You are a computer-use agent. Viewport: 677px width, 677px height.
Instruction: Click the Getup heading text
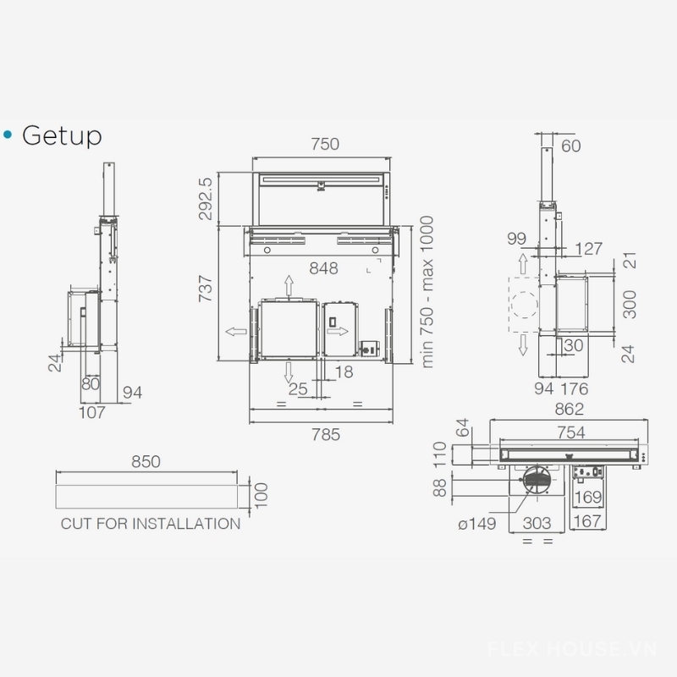click(x=62, y=136)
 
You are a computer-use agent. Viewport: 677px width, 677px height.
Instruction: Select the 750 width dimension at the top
click(x=325, y=144)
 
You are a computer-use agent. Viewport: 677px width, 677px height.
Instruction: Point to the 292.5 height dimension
click(x=206, y=199)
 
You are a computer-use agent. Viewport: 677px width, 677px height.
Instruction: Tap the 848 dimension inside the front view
click(x=323, y=268)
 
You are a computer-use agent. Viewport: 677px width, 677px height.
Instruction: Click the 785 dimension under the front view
click(x=326, y=435)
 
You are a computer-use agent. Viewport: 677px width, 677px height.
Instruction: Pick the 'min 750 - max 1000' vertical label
click(x=427, y=292)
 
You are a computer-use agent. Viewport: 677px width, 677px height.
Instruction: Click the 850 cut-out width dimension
click(x=146, y=462)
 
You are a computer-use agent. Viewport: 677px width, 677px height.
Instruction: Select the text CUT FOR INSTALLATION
click(x=151, y=524)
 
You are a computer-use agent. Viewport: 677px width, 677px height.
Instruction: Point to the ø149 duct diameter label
click(x=477, y=524)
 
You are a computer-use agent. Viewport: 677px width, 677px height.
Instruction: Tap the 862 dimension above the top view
click(x=569, y=409)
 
